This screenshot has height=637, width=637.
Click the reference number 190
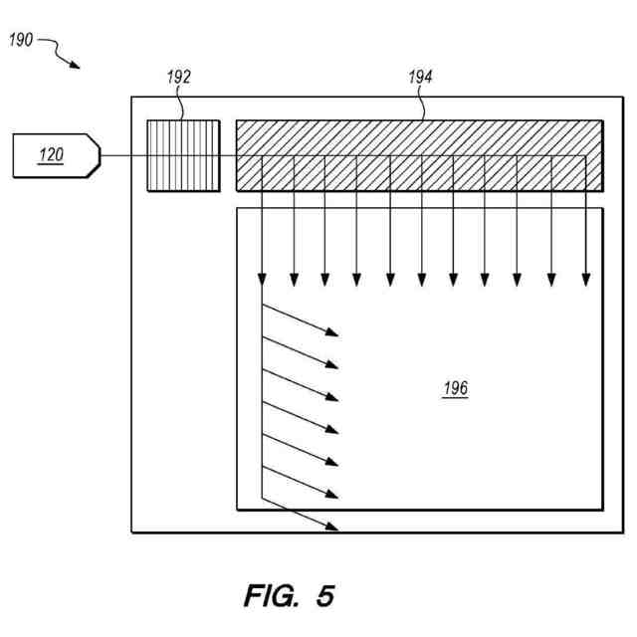coord(21,40)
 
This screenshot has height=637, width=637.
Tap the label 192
coord(179,77)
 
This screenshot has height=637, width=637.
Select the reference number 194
coord(420,77)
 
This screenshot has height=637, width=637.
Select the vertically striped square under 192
coord(183,155)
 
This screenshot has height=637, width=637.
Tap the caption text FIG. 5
coord(289,595)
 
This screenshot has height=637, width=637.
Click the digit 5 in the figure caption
coord(325,595)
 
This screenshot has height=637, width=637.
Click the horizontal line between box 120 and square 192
coord(123,156)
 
